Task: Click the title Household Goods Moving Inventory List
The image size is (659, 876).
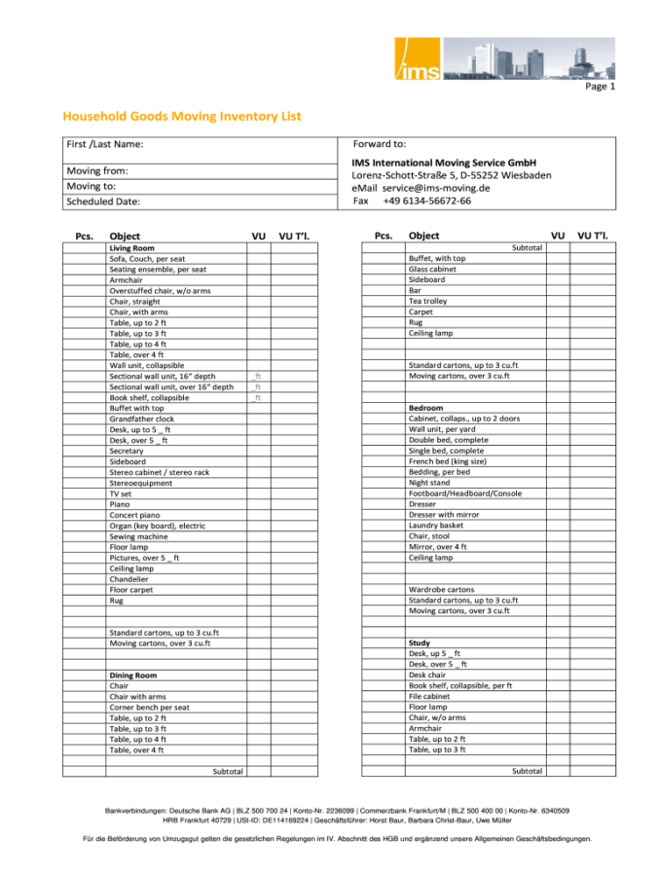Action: (x=182, y=117)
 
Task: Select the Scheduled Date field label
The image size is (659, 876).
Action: (x=103, y=201)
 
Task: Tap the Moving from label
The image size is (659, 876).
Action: (x=97, y=170)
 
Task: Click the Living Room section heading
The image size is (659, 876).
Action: (x=131, y=248)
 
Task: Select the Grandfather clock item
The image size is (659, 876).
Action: (x=142, y=419)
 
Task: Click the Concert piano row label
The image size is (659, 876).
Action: (x=136, y=515)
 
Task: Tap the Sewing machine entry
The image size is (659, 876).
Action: (x=138, y=536)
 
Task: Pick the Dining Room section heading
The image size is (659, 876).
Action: (x=132, y=675)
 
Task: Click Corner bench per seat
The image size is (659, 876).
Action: (x=149, y=707)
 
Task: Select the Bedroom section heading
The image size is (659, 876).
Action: (x=426, y=408)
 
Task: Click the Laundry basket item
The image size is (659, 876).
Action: (x=437, y=526)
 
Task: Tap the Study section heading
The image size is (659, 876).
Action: (x=420, y=643)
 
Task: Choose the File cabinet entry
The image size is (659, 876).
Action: (x=429, y=696)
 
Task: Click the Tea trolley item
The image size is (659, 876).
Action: (x=428, y=302)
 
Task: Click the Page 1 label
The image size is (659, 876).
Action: (x=600, y=87)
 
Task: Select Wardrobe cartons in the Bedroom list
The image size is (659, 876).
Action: (x=442, y=589)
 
